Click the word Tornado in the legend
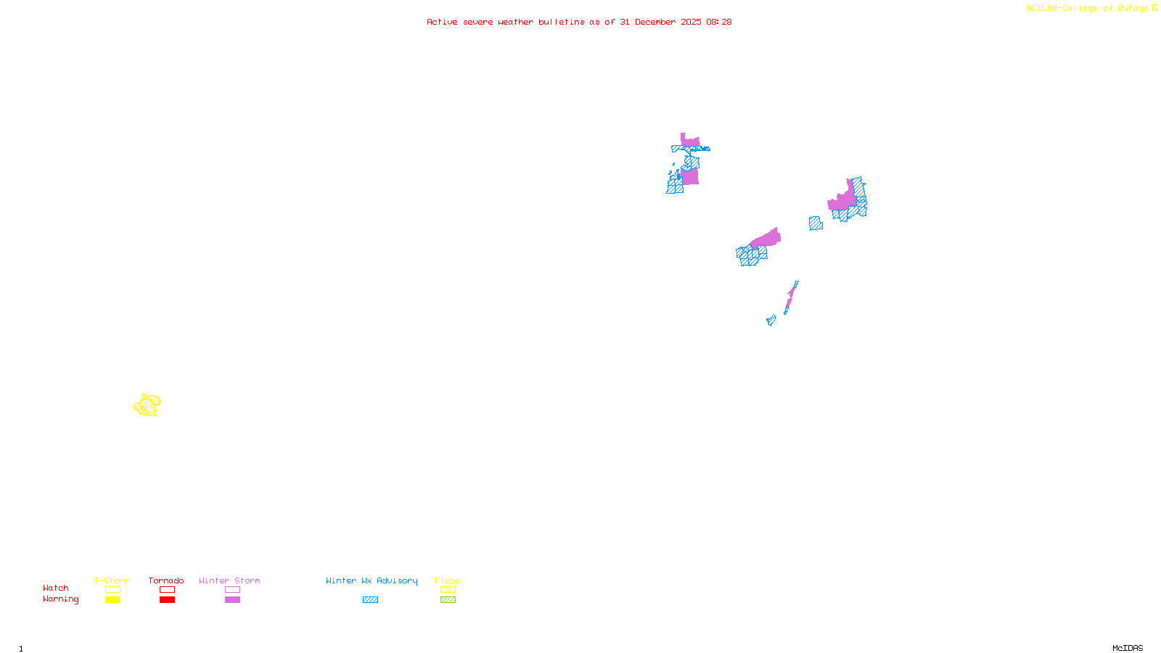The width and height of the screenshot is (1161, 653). click(x=166, y=580)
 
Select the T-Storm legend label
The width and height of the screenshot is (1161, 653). click(x=112, y=580)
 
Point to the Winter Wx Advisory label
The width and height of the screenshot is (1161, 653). click(x=372, y=580)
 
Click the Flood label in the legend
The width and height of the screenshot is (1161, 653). click(x=448, y=580)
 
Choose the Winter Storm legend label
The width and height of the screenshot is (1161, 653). click(x=229, y=580)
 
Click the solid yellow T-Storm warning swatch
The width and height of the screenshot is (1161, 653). click(x=112, y=600)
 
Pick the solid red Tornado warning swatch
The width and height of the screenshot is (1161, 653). click(x=167, y=600)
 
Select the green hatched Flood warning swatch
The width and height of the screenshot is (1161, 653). click(x=448, y=600)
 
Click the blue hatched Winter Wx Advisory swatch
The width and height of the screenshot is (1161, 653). click(x=370, y=600)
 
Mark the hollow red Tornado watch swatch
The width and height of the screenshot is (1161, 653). click(x=167, y=590)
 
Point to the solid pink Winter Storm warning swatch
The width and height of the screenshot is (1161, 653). click(x=232, y=600)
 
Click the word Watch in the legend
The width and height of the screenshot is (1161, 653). click(x=56, y=588)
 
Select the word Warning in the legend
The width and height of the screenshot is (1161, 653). click(x=61, y=599)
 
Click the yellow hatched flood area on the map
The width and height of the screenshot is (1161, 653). click(x=147, y=405)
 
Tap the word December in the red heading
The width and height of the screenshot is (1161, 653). click(x=655, y=22)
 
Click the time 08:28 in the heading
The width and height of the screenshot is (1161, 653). click(x=718, y=22)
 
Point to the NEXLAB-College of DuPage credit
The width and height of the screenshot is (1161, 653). click(x=1088, y=9)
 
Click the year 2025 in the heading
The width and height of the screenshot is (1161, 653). click(x=691, y=22)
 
